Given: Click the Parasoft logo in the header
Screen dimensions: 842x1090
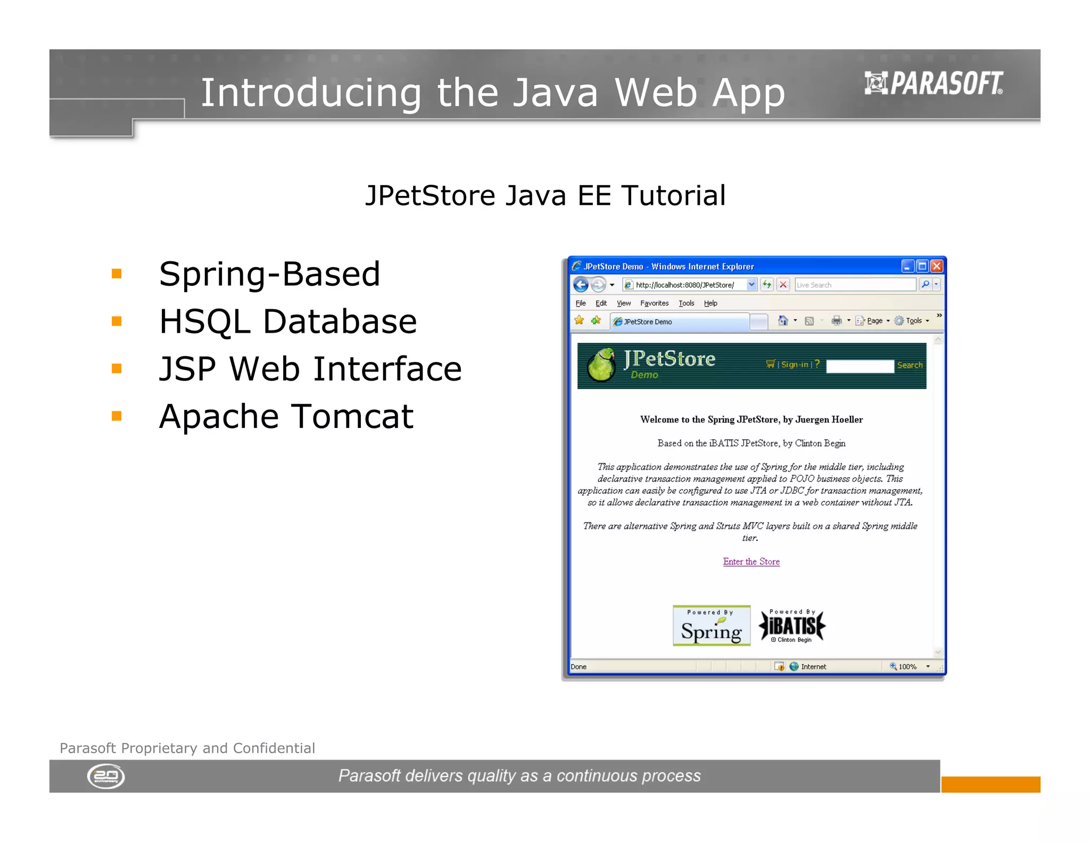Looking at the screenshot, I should [934, 84].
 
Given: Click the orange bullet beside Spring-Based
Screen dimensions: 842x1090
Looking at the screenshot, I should [117, 274].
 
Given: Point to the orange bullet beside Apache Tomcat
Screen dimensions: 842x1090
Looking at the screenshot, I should [117, 416].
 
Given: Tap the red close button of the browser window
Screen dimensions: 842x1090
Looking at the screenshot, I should [937, 266].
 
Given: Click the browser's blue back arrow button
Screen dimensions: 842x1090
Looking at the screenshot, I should [581, 285].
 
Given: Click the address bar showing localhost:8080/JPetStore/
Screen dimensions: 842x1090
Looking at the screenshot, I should [687, 285].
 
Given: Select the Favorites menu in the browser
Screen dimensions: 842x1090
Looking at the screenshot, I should [654, 303].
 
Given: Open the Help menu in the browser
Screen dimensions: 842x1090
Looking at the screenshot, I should [711, 303].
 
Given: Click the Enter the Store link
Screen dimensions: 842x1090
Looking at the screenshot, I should [751, 562].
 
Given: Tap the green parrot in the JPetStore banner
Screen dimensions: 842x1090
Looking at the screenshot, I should [601, 365].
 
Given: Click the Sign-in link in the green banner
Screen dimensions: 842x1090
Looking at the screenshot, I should [795, 365].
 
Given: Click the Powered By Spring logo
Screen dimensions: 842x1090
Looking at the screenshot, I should [712, 626].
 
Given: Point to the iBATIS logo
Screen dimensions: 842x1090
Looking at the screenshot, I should [792, 626].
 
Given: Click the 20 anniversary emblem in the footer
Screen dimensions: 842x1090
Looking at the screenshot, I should [106, 776].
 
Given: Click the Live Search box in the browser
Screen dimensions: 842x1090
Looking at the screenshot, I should [855, 285].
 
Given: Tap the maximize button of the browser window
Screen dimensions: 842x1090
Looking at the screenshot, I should [922, 266].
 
